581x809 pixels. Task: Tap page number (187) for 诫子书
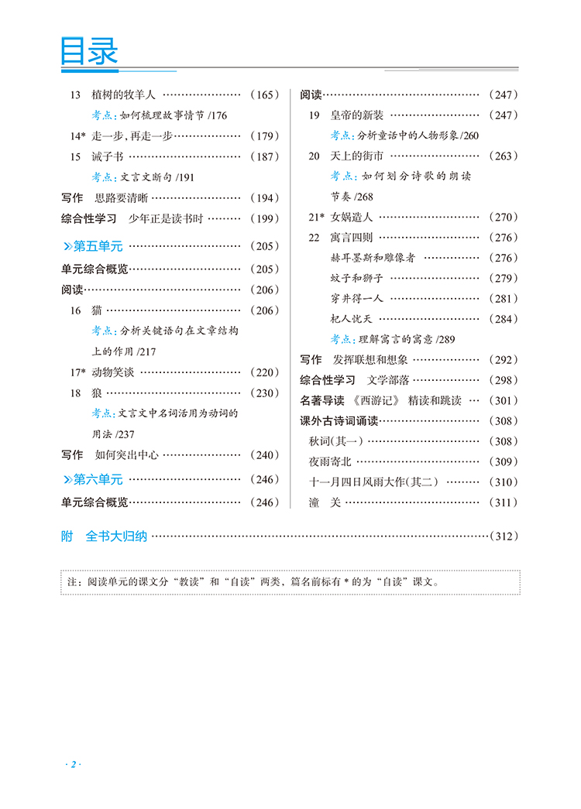tap(264, 156)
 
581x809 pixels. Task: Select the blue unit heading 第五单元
tap(98, 246)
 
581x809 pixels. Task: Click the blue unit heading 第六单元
tap(98, 479)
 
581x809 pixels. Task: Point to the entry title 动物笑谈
tap(113, 372)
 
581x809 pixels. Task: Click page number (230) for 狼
tap(264, 393)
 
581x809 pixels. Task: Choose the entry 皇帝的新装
tap(357, 115)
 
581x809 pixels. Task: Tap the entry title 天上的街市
tap(357, 156)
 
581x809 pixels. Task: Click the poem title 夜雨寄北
tap(330, 461)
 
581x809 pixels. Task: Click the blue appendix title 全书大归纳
tap(116, 536)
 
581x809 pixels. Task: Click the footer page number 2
tap(74, 745)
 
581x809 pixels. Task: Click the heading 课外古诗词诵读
tap(339, 421)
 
